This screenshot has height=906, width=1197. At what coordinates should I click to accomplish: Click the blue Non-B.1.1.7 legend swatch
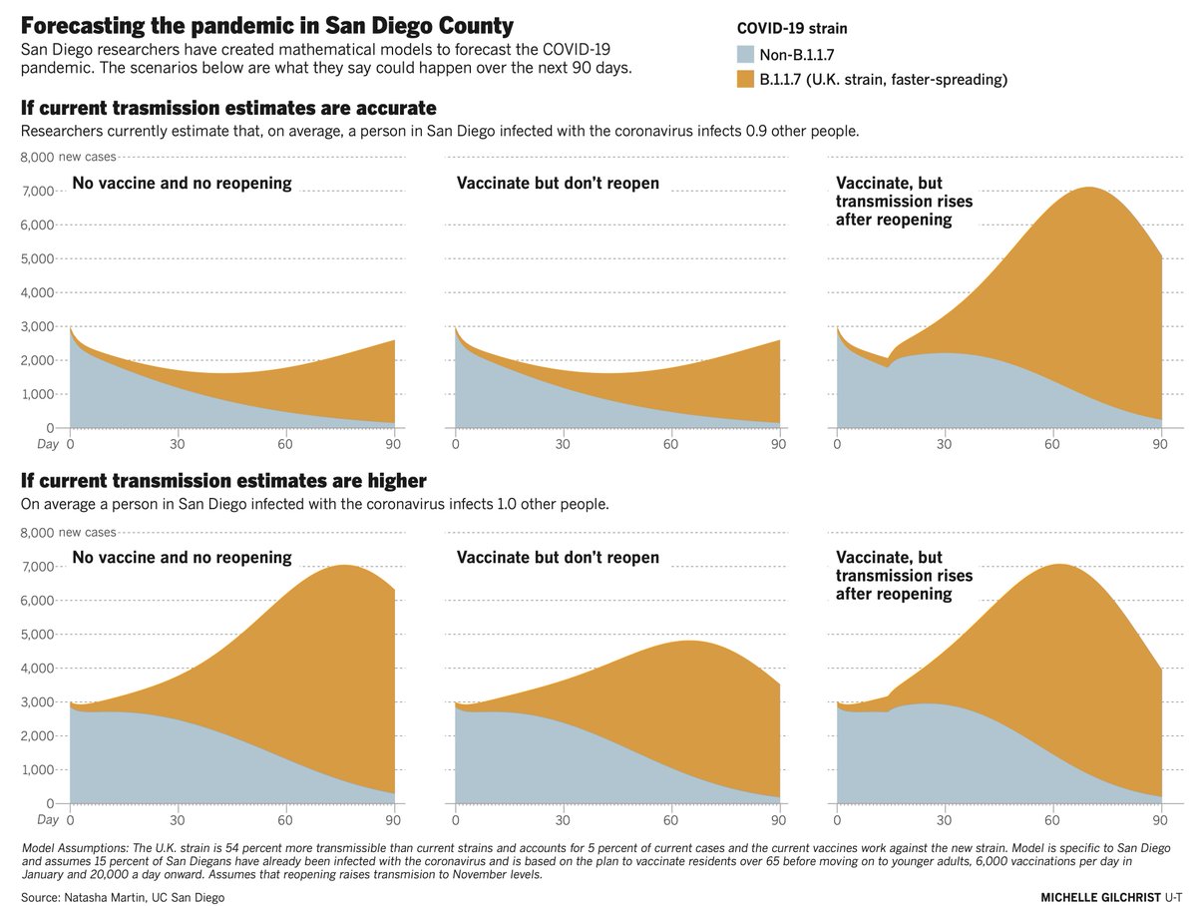[745, 54]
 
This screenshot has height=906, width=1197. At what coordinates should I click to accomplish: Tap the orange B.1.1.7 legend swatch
[745, 79]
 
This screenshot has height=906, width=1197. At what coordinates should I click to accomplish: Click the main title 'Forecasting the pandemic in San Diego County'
[267, 26]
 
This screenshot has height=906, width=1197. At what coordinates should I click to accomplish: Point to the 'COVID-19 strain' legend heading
[792, 28]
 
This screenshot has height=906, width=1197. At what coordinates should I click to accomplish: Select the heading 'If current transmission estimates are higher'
[223, 481]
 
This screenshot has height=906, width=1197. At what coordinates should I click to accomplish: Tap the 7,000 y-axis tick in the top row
[37, 192]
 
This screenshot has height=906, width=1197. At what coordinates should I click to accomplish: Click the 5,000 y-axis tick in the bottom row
[37, 635]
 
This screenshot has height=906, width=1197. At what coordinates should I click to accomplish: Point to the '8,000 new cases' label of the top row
[68, 157]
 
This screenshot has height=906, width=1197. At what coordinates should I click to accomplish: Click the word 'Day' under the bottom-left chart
[48, 819]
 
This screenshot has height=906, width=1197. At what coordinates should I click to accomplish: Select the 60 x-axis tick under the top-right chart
[1052, 444]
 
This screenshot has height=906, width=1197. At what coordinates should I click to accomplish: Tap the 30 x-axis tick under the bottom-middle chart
[563, 820]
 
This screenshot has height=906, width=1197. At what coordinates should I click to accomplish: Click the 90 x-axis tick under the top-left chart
[393, 444]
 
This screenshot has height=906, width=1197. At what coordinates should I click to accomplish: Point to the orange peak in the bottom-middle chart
[690, 641]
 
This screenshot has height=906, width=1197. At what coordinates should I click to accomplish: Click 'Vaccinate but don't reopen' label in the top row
[558, 183]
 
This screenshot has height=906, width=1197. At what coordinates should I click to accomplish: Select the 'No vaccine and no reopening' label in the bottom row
[183, 557]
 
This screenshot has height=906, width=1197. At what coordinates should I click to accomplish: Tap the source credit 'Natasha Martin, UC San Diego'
[144, 897]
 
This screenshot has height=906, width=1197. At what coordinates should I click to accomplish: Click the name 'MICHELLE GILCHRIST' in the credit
[1101, 897]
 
